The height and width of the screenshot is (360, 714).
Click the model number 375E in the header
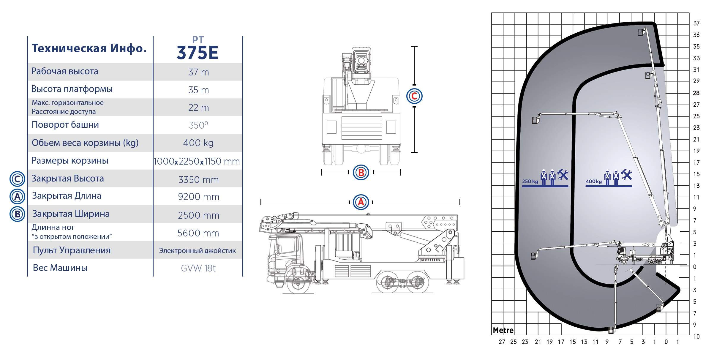pos(198,53)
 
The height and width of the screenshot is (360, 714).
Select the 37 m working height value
pos(198,72)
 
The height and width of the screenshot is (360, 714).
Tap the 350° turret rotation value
pos(198,125)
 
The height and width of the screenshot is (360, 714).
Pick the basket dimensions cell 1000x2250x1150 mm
pos(197,161)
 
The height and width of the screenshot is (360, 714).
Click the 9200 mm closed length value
pos(198,197)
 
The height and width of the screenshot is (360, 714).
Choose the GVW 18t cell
pos(198,268)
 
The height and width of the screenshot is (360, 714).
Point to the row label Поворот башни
pos(65,124)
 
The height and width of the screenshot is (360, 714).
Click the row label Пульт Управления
pos(72,250)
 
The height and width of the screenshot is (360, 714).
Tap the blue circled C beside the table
pos(17,179)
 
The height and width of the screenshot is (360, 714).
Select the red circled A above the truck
pos(361,202)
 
